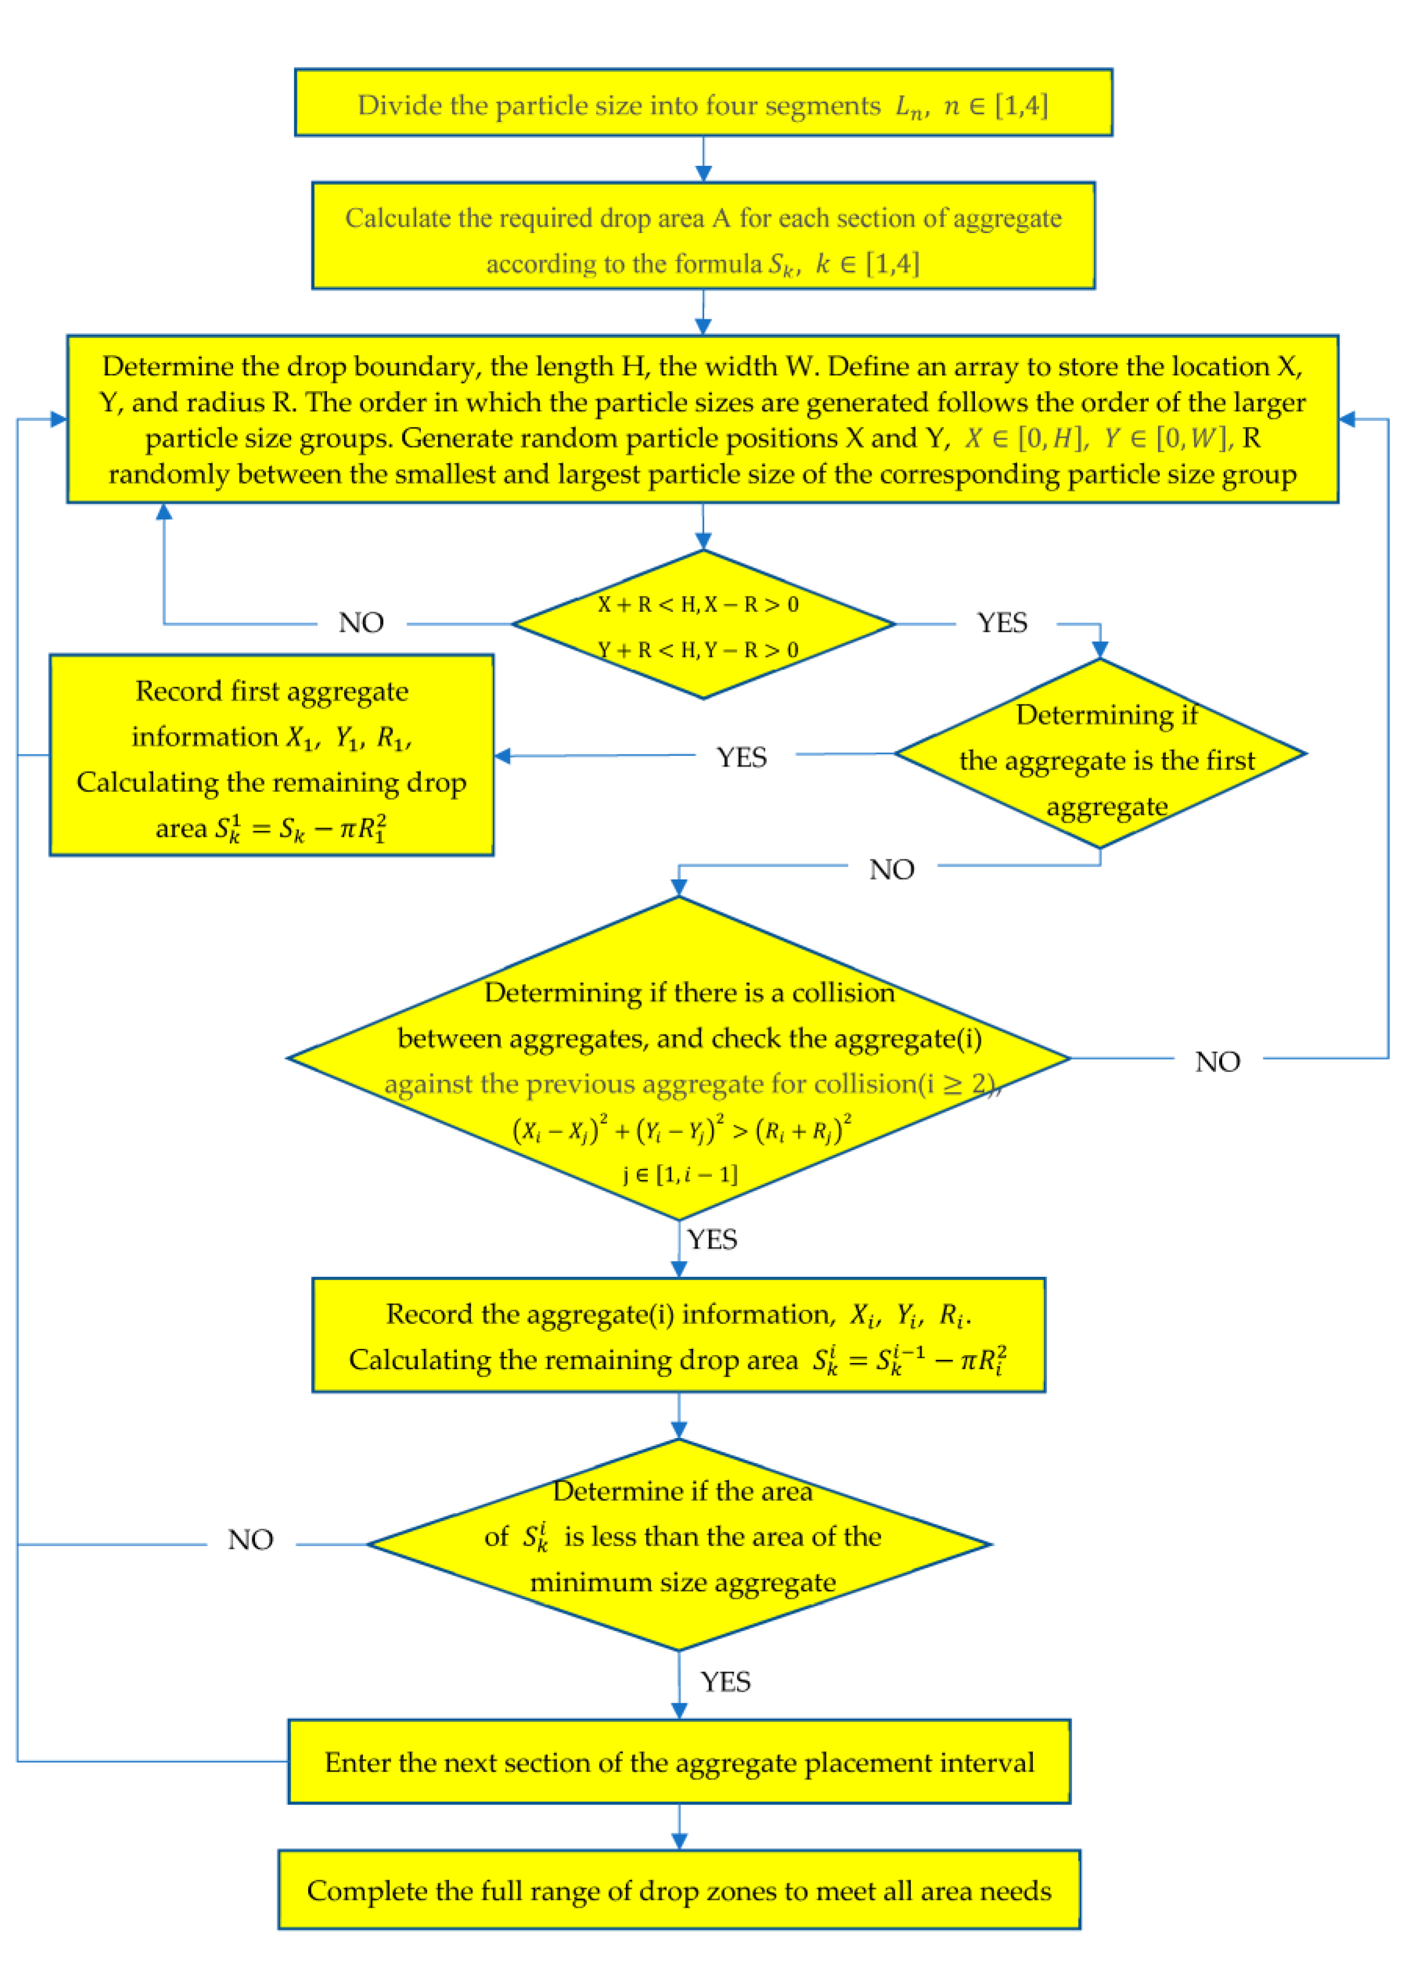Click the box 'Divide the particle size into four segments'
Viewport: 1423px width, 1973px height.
pos(703,103)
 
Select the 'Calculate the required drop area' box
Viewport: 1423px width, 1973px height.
pos(703,236)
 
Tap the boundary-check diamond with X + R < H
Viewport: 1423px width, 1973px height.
pos(703,625)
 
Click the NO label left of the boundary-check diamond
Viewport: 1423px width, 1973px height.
pos(361,623)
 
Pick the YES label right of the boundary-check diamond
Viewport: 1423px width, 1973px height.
pos(1002,623)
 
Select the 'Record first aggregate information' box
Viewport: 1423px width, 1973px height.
pos(271,755)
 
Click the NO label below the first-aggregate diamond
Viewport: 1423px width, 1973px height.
pos(892,869)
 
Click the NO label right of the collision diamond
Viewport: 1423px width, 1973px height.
pos(1218,1061)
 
